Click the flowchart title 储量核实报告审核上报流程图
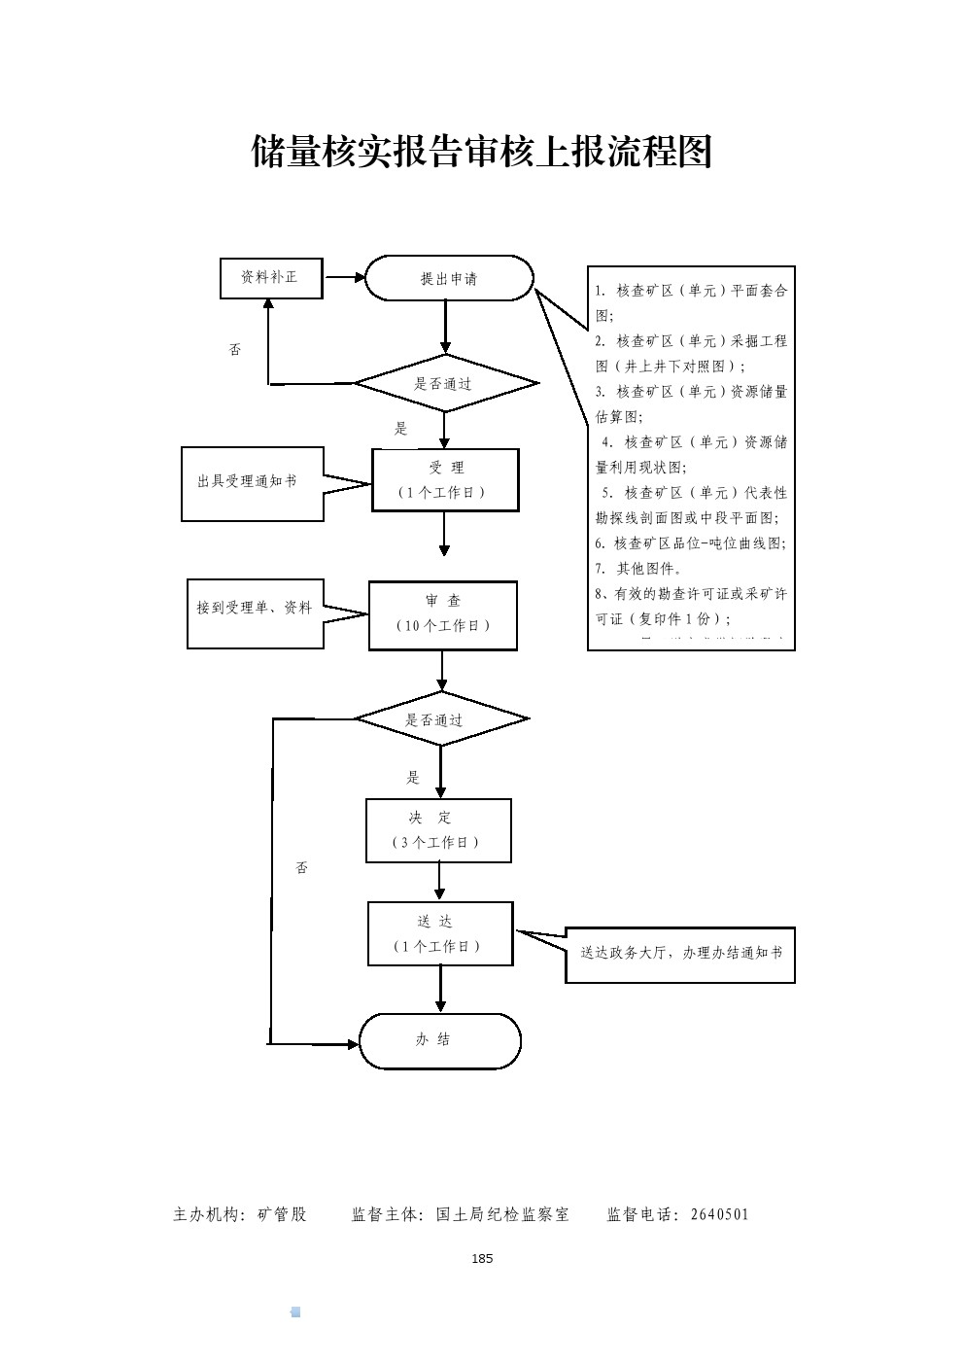point(482,152)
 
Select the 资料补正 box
point(271,278)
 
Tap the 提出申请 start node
point(449,279)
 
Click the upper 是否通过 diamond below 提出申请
point(445,384)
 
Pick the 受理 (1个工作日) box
point(445,480)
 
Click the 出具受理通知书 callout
point(252,483)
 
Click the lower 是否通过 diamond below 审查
point(441,720)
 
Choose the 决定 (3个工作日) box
point(438,830)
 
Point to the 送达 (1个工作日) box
point(439,933)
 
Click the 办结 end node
point(440,1041)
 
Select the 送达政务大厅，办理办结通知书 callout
point(680,955)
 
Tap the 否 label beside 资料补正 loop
point(235,349)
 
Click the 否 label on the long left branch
point(302,867)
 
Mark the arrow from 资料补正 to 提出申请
point(344,278)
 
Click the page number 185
point(482,1259)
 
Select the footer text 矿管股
point(282,1214)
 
